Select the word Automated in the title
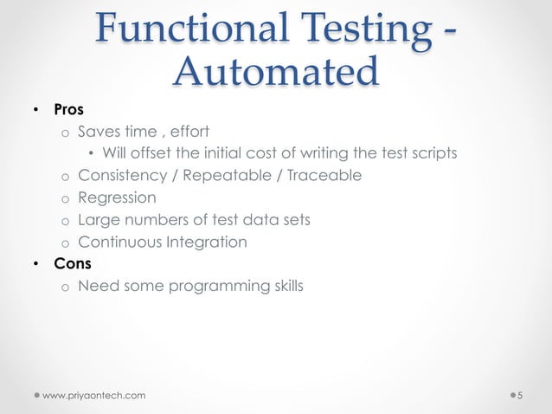pos(276,71)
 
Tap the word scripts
pos(432,154)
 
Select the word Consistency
pos(120,176)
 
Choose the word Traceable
pos(324,176)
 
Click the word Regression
pos(117,197)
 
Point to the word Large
pos(97,220)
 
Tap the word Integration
pos(205,242)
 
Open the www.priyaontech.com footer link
pos(94,396)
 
